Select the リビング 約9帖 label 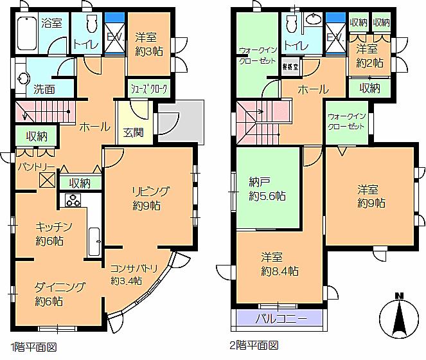point(150,198)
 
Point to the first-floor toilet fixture point(89,26)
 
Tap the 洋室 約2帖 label point(369,56)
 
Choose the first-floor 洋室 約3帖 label point(149,43)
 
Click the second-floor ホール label point(313,89)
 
